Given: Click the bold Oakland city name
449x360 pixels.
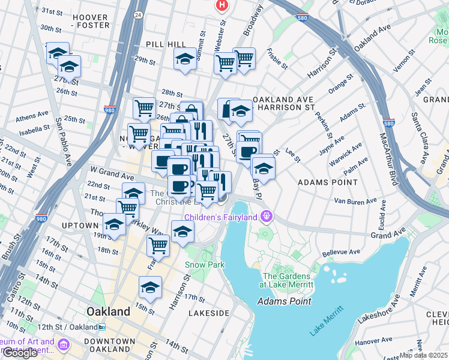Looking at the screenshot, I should (108, 312).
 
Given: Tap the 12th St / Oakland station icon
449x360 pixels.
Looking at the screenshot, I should (102, 327).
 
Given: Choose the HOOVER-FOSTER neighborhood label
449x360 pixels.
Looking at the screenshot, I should (91, 21).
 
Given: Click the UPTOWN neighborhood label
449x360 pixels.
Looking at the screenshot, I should (79, 225).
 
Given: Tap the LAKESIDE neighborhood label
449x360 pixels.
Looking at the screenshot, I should (208, 313).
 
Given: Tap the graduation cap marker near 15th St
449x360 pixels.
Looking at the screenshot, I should (150, 287).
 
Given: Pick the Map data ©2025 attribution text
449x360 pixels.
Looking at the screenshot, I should (423, 355).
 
